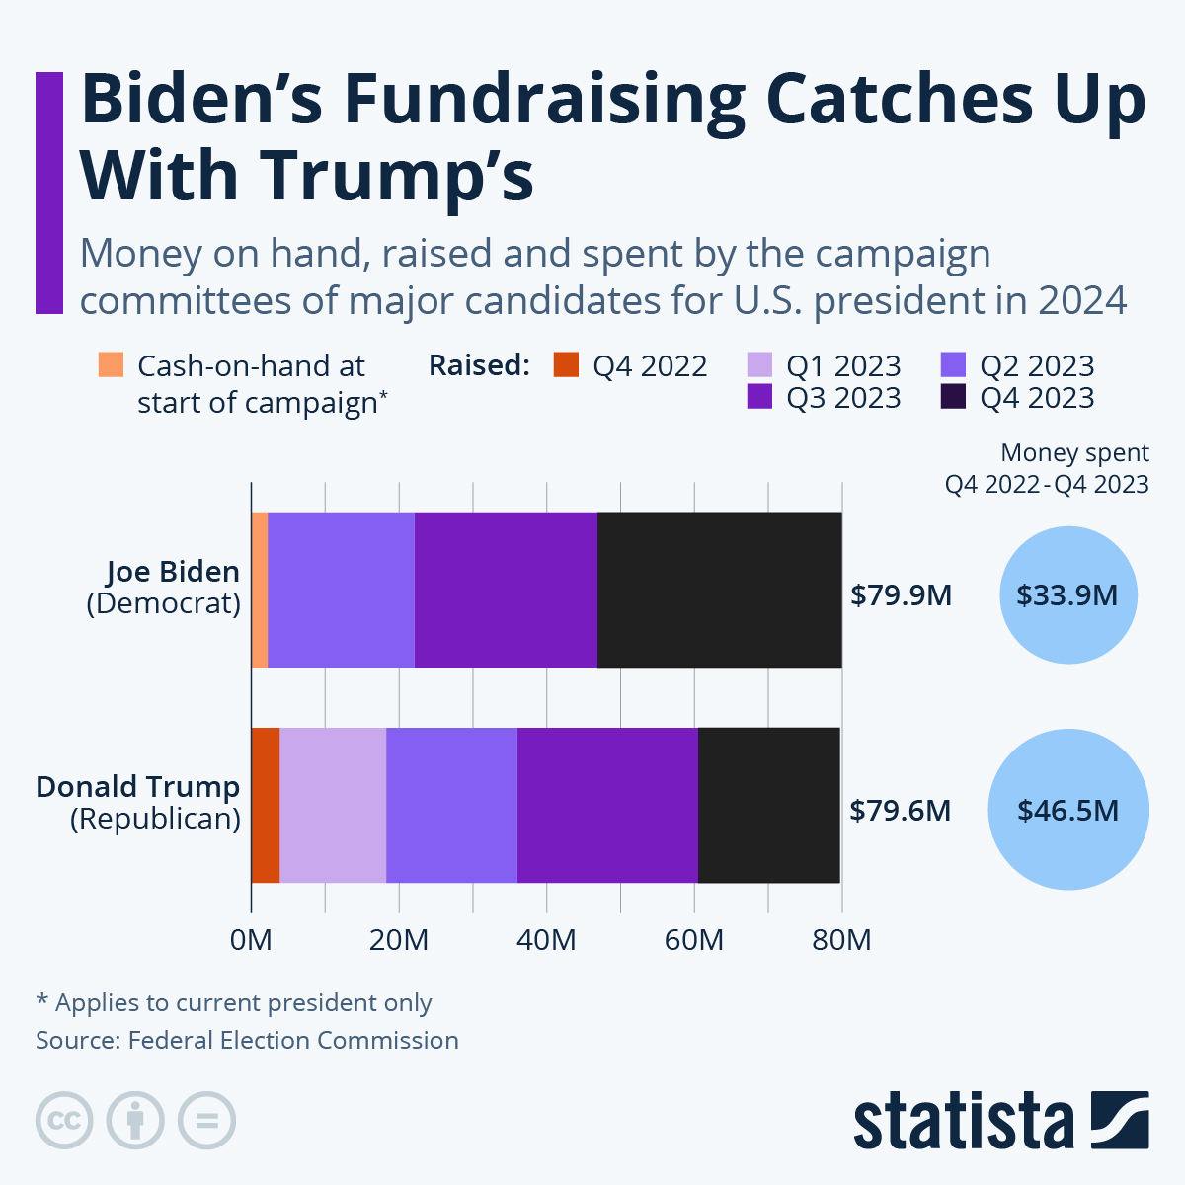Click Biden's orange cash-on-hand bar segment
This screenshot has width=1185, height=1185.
(x=260, y=590)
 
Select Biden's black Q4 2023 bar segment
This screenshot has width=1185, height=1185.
(x=719, y=590)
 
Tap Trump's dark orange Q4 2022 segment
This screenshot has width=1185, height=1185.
(x=266, y=805)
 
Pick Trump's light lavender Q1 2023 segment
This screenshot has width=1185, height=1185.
(x=333, y=805)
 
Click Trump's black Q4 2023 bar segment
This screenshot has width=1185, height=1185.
(x=768, y=805)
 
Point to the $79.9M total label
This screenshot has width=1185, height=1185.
(x=901, y=595)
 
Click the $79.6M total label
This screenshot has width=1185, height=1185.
(x=901, y=811)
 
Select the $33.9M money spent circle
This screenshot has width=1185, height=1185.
(x=1068, y=595)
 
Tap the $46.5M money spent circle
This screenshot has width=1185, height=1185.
(x=1068, y=810)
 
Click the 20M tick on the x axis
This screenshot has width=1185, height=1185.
(x=399, y=939)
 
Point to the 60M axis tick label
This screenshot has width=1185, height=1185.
(x=694, y=939)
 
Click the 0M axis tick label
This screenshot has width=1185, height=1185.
(x=251, y=939)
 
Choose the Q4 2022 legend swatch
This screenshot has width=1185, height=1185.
(x=566, y=364)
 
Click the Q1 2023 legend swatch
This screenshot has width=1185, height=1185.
(x=758, y=364)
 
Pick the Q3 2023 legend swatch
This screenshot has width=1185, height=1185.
(x=758, y=397)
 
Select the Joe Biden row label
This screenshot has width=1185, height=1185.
(x=173, y=572)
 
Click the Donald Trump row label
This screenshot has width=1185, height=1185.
(x=138, y=787)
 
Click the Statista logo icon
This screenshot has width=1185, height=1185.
(x=1120, y=1120)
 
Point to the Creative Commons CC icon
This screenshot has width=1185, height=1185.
(x=64, y=1121)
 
